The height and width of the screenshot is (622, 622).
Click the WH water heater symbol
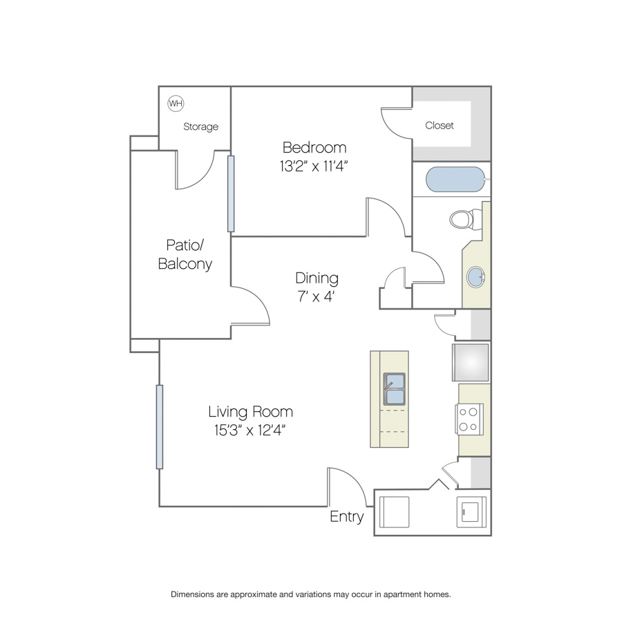coord(176,104)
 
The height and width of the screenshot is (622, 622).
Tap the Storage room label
coord(200,126)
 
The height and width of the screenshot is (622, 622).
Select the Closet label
coord(439,125)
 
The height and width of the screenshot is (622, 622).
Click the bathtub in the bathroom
coord(455,179)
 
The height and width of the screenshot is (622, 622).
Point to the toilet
coord(466,219)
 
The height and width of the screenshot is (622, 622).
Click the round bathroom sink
coord(475,276)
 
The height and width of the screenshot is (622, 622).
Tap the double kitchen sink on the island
coord(394,388)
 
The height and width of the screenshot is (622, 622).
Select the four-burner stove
coord(469,420)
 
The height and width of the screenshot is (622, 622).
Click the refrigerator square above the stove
coord(471,363)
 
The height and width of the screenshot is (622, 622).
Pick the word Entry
coord(347,516)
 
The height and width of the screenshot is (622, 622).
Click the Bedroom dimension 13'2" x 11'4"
coord(313,166)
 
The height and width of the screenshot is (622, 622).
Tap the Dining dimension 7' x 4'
coord(316,296)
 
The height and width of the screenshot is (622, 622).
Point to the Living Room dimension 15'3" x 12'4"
coord(250,430)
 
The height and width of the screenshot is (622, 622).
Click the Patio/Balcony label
coord(185,254)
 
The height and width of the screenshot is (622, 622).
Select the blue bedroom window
coord(231,194)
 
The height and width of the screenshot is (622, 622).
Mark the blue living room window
coord(160,427)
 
